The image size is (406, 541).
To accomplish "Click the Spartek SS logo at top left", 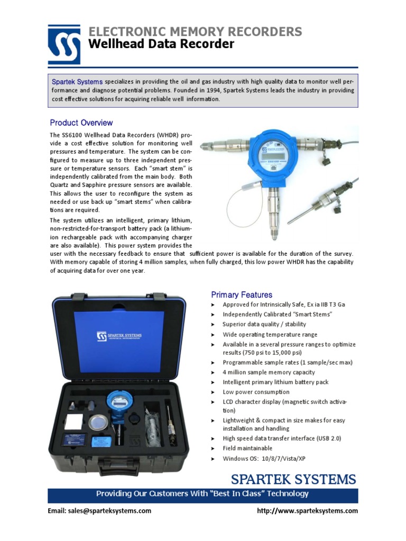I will pyautogui.click(x=64, y=45).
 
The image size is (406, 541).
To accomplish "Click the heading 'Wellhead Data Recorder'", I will pyautogui.click(x=161, y=44).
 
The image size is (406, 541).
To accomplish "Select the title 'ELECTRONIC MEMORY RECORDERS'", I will pyautogui.click(x=195, y=32).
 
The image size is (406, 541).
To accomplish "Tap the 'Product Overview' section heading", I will pyautogui.click(x=81, y=123).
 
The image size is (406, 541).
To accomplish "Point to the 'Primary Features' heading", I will pyautogui.click(x=242, y=295).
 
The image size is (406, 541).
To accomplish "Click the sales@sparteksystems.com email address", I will pyautogui.click(x=99, y=511).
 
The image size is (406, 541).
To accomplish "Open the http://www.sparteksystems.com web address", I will pyautogui.click(x=307, y=511).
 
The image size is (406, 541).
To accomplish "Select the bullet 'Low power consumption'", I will pyautogui.click(x=256, y=392).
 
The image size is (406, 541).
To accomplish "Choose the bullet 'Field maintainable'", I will pyautogui.click(x=247, y=448).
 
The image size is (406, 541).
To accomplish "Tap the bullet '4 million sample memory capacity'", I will pyautogui.click(x=269, y=372).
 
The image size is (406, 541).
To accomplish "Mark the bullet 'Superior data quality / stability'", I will pyautogui.click(x=264, y=324).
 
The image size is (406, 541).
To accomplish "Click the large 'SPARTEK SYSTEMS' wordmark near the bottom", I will pyautogui.click(x=293, y=480).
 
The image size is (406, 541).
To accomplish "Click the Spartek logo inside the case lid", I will pyautogui.click(x=119, y=336).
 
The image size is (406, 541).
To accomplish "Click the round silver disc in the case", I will pyautogui.click(x=98, y=422).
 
